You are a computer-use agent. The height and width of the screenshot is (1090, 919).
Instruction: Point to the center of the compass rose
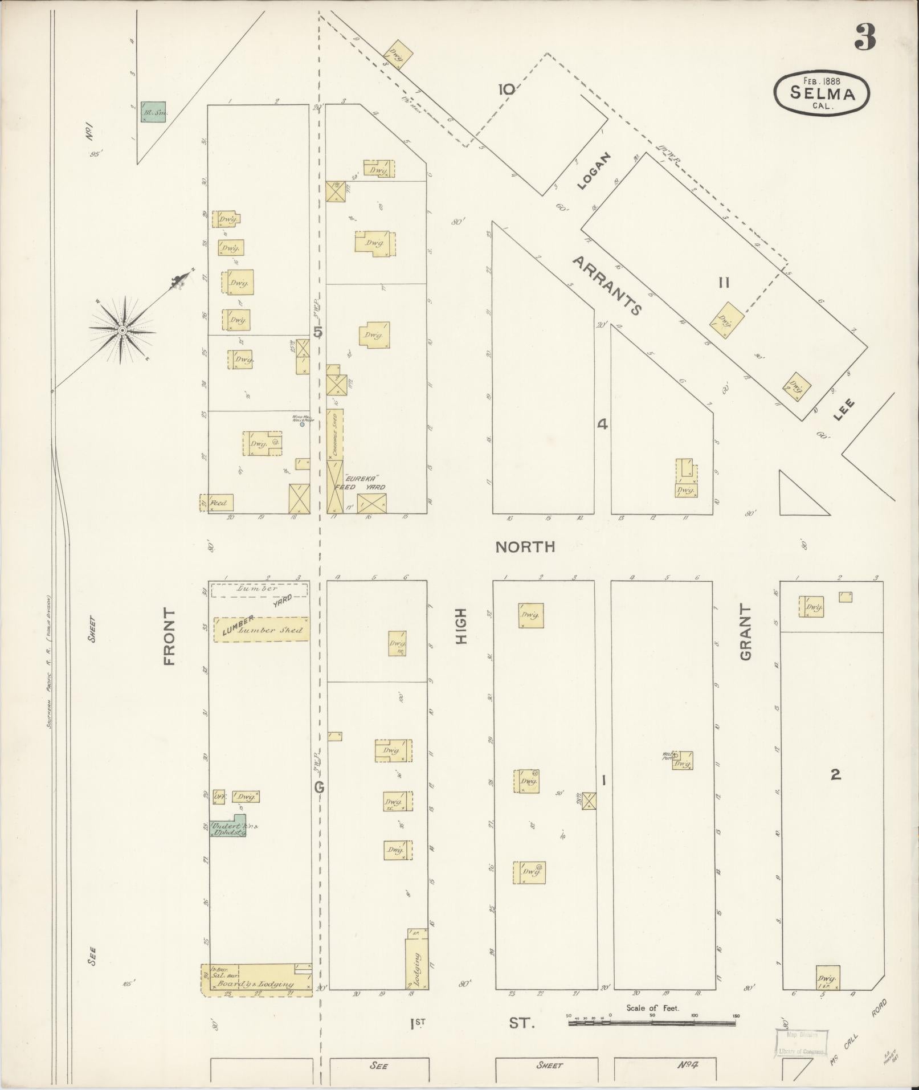tap(122, 330)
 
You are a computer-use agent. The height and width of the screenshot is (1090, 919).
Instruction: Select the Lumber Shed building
tap(262, 630)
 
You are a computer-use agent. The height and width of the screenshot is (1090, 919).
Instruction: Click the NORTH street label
tap(524, 547)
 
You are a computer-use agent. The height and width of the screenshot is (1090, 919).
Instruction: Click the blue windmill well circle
tap(302, 424)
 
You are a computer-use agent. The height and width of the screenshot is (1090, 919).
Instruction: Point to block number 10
tap(506, 89)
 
